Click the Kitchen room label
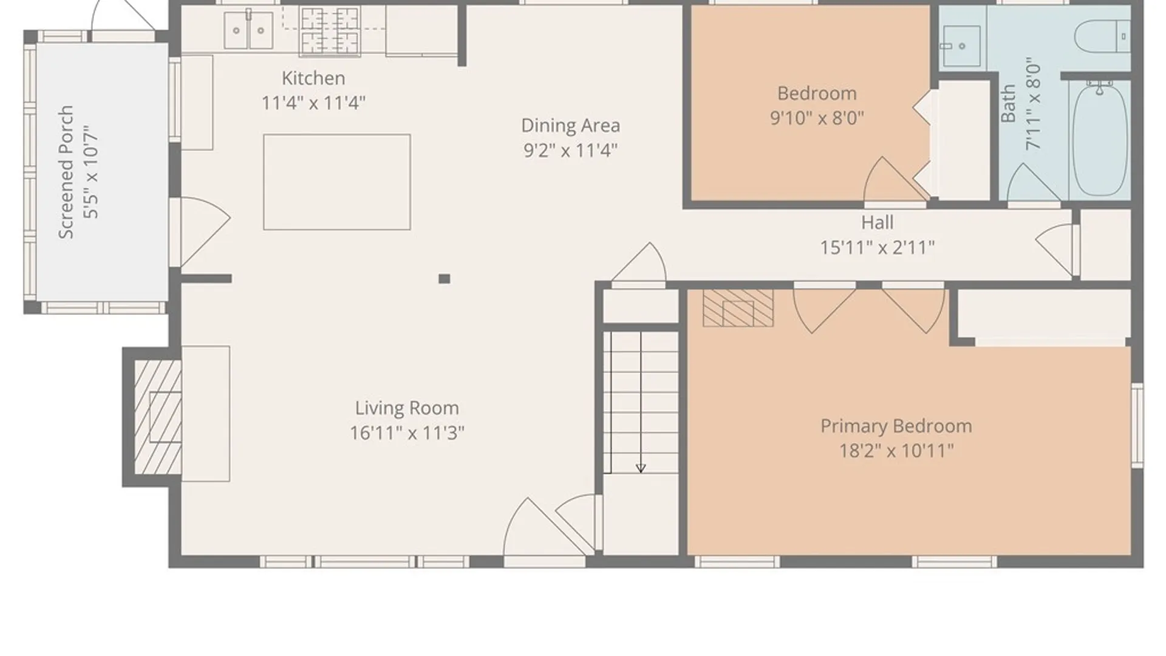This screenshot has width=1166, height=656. click(313, 78)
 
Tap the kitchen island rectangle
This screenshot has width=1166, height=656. click(337, 182)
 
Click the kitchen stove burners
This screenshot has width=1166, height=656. click(330, 30)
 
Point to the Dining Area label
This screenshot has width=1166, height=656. click(571, 126)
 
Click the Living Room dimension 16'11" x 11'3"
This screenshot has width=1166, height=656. click(407, 433)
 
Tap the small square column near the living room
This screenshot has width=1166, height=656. click(445, 279)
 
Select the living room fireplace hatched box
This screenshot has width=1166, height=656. click(158, 417)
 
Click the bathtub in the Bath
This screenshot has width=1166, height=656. click(1100, 140)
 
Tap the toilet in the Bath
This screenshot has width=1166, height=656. click(1102, 36)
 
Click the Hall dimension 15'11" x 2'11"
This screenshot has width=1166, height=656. click(878, 248)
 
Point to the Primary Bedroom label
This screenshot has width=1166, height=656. click(896, 426)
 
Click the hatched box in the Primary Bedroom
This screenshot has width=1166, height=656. click(738, 308)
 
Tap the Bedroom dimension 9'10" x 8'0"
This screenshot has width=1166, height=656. click(817, 118)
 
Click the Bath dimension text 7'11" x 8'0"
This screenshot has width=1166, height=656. click(1033, 106)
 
